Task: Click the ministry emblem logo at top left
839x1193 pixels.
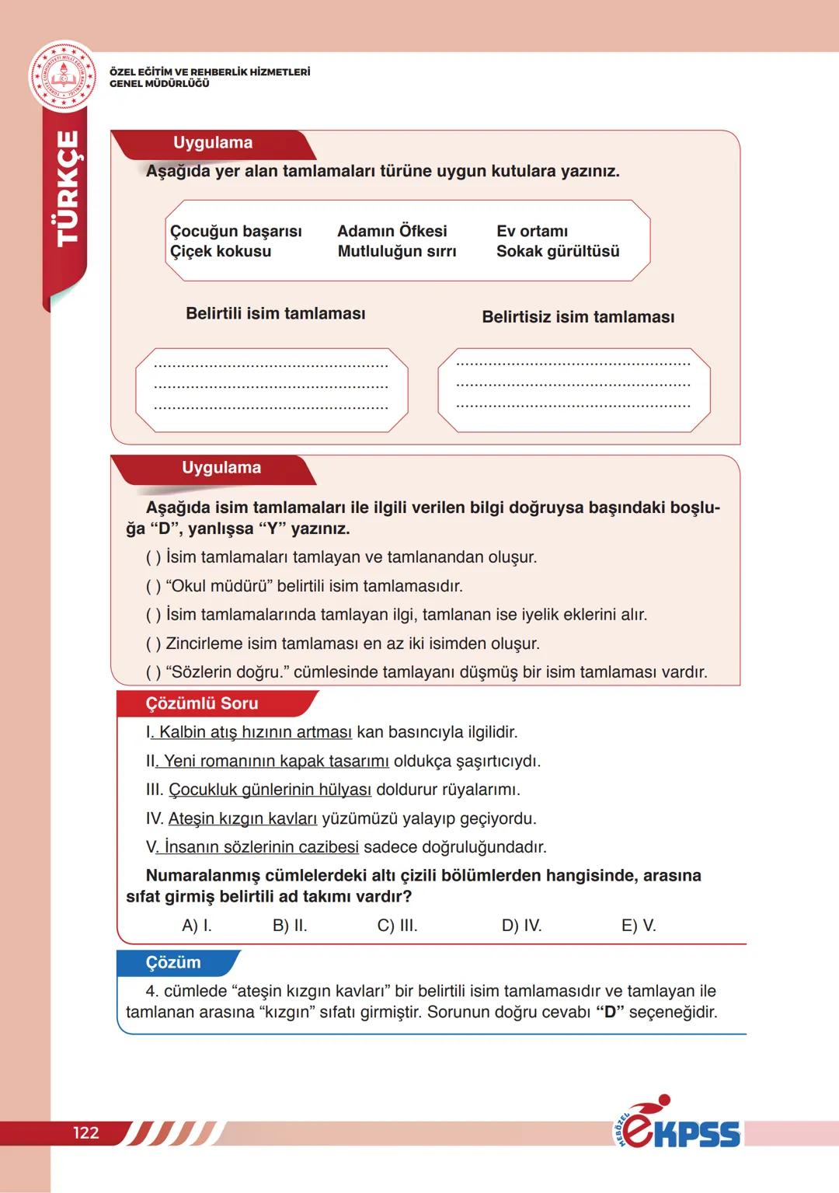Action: tap(63, 76)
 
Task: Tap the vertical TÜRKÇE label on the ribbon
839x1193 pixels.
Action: tap(69, 188)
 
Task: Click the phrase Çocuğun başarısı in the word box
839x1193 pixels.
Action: tap(235, 231)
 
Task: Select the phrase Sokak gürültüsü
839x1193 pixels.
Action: tap(558, 251)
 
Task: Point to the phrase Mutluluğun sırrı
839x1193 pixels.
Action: tap(396, 251)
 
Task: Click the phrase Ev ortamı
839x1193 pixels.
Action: tap(532, 231)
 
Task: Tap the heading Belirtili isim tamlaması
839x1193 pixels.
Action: tap(275, 313)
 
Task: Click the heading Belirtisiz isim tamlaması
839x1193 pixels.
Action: tap(578, 316)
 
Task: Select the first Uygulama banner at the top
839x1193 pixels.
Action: tap(213, 143)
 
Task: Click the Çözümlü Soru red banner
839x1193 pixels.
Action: tap(202, 703)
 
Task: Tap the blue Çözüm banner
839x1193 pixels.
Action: tap(173, 962)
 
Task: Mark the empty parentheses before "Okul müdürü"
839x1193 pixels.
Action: tap(153, 586)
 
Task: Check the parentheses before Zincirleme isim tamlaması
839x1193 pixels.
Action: tap(153, 644)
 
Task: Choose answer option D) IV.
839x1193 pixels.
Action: tap(521, 926)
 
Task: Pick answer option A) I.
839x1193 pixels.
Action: tap(197, 926)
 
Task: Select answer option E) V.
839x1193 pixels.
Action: tap(639, 926)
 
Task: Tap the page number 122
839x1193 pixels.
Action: tap(86, 1132)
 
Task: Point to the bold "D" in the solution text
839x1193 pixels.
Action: tap(610, 1012)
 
